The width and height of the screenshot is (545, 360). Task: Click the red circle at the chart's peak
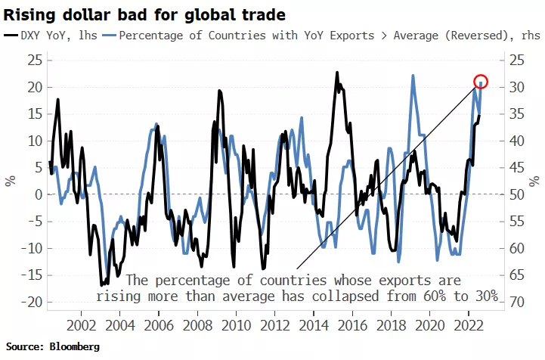[x=481, y=81]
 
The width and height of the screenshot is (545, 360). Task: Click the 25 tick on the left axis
[x=33, y=60]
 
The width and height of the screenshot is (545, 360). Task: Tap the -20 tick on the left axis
[x=30, y=303]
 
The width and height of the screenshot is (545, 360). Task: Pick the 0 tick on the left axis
[x=36, y=194]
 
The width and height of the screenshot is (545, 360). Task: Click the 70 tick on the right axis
[x=518, y=303]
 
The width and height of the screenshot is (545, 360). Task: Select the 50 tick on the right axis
[x=518, y=194]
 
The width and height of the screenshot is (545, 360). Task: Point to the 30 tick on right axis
[x=518, y=87]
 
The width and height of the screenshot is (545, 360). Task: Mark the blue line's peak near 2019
[x=413, y=76]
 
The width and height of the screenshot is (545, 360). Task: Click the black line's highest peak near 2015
[x=337, y=73]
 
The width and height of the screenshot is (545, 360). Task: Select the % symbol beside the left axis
[x=11, y=181]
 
